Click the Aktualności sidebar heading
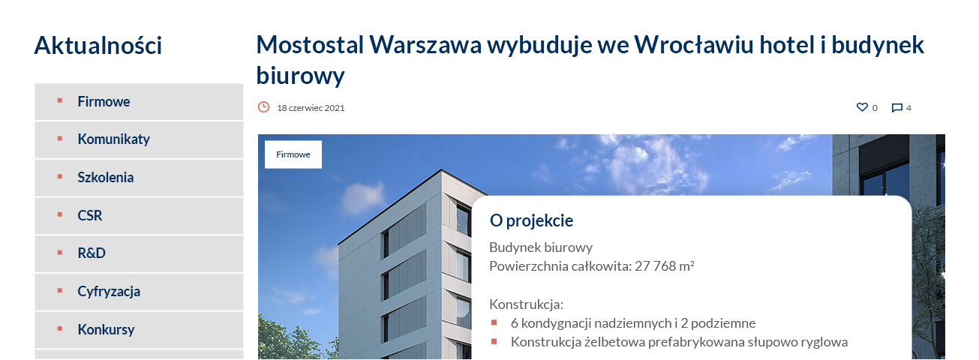point(98,46)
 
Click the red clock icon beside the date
point(263,107)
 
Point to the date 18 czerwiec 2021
point(311,108)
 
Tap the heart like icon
point(862,107)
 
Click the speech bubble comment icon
point(896,107)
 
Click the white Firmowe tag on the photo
point(293,154)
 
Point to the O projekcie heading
point(531,220)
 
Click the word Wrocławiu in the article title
point(694,44)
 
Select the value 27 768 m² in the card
point(665,266)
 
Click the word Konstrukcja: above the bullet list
point(526,304)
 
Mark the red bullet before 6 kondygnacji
point(494,322)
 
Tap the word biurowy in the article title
point(300,76)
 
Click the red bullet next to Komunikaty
point(60,139)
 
